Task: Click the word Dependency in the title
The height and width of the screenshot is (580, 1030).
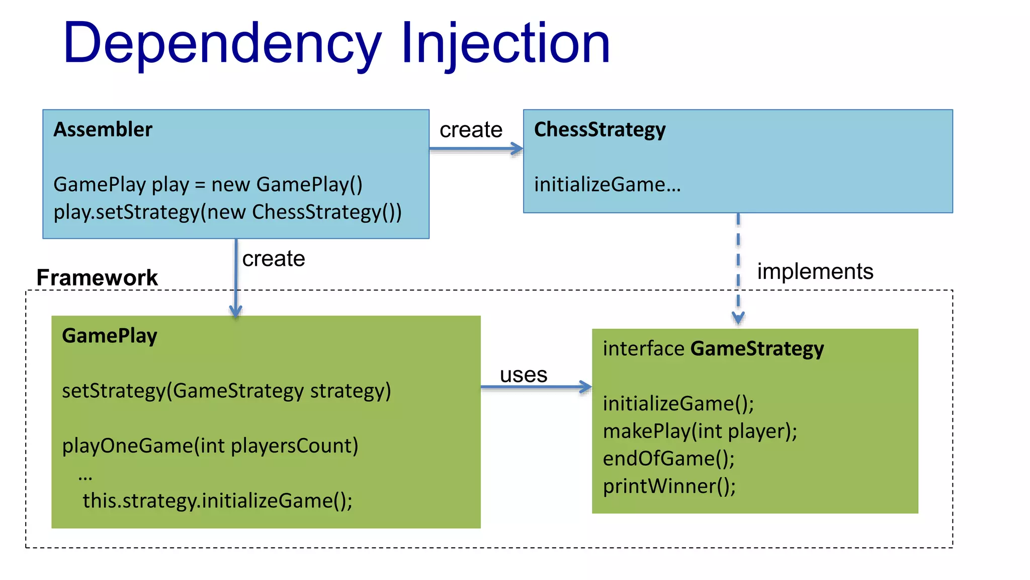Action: (221, 44)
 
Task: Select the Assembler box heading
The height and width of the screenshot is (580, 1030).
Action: (103, 129)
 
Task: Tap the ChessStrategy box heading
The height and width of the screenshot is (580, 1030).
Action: (599, 129)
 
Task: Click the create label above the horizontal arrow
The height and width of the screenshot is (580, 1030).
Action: (471, 130)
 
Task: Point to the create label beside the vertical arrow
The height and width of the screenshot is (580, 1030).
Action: (274, 259)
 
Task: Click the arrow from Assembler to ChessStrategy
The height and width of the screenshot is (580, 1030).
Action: (475, 149)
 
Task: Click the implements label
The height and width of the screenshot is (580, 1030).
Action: (815, 271)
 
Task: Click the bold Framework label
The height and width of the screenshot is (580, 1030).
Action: (97, 277)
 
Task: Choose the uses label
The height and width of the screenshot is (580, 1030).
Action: (523, 375)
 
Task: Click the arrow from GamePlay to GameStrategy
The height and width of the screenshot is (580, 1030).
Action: (536, 387)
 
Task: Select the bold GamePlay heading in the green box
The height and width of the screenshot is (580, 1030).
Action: (109, 336)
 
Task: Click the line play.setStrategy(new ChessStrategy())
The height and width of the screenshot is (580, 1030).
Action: (227, 212)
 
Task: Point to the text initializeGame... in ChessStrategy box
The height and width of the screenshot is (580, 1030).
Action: (607, 185)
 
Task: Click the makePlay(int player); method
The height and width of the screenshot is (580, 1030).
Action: (700, 431)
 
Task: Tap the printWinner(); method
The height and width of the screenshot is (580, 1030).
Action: (669, 486)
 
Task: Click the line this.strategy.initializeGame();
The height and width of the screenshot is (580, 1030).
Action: (217, 501)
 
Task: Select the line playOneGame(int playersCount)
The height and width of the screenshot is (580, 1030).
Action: (210, 446)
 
